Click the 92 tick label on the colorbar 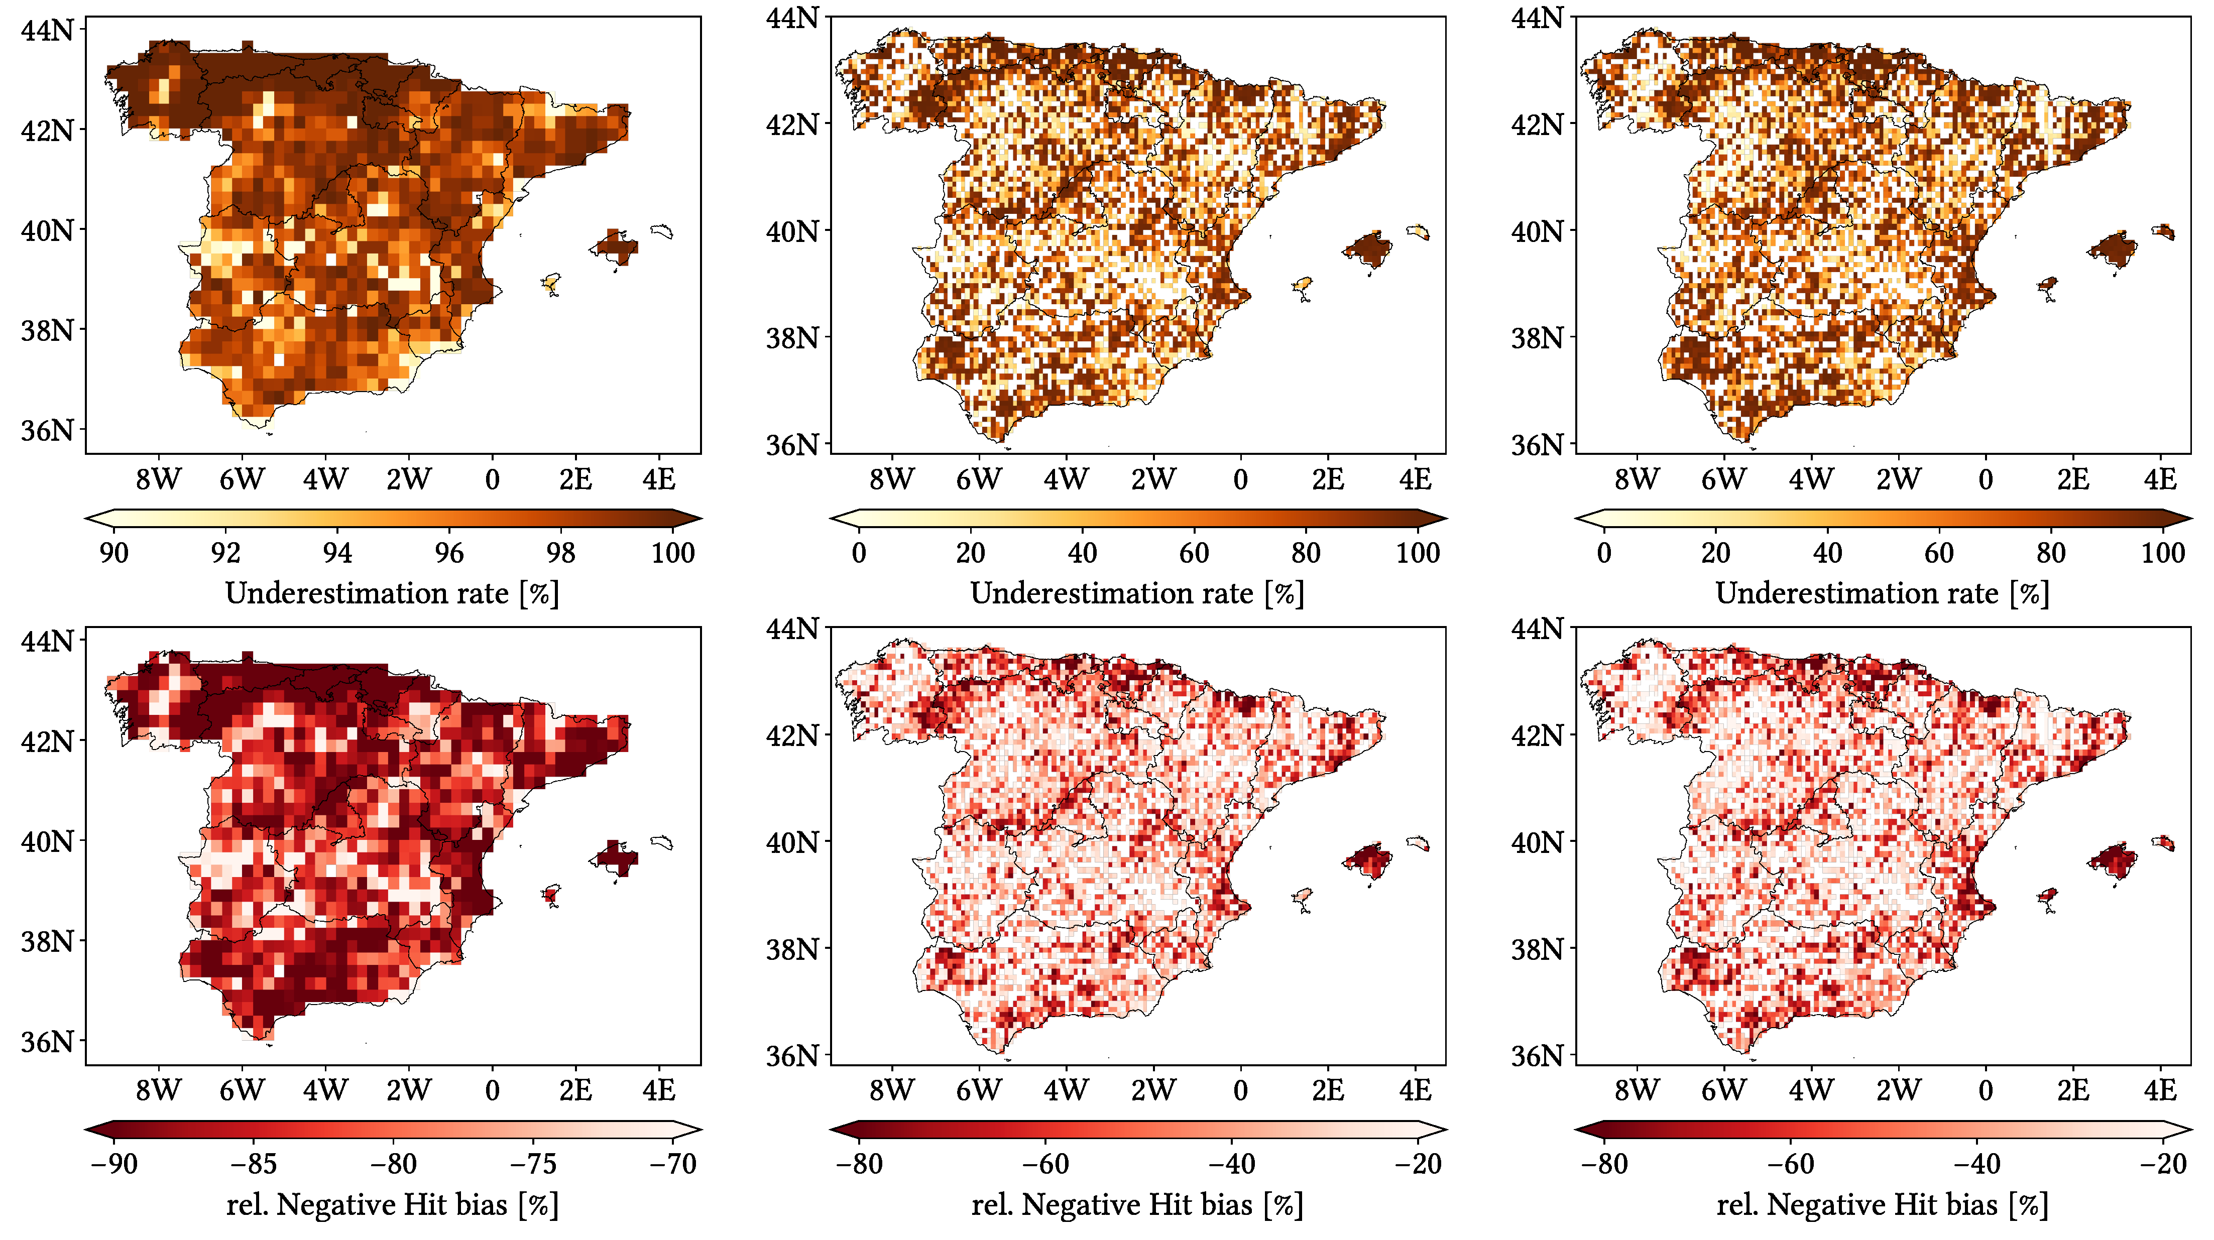pyautogui.click(x=225, y=553)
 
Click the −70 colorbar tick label pyautogui.click(x=673, y=1164)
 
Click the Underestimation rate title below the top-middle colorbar pyautogui.click(x=1137, y=593)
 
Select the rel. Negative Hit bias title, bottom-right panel pyautogui.click(x=1882, y=1205)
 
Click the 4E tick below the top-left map pyautogui.click(x=659, y=478)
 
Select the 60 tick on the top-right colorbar pyautogui.click(x=1939, y=553)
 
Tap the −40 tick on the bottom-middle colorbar pyautogui.click(x=1232, y=1164)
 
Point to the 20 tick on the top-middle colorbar pyautogui.click(x=970, y=553)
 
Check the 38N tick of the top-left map pyautogui.click(x=47, y=330)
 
